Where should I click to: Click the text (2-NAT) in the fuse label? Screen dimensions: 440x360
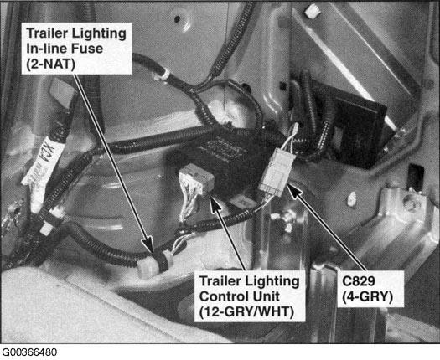[51, 64]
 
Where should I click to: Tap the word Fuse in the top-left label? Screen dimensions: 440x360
[87, 49]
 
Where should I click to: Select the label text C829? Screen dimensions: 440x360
[359, 281]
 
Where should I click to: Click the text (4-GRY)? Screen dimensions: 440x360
[367, 296]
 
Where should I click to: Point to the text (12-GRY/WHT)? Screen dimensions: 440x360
[246, 312]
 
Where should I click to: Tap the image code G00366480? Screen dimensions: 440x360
[29, 352]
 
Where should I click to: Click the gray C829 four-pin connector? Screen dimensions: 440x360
[277, 172]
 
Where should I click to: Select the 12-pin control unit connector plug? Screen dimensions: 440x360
[196, 180]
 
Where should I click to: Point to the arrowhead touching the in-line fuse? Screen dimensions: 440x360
[148, 244]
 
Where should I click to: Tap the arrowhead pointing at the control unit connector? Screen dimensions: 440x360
[215, 203]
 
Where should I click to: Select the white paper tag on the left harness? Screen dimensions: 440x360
[37, 168]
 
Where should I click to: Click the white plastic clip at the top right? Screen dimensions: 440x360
[312, 11]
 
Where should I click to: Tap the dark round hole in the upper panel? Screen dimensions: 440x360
[178, 18]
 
